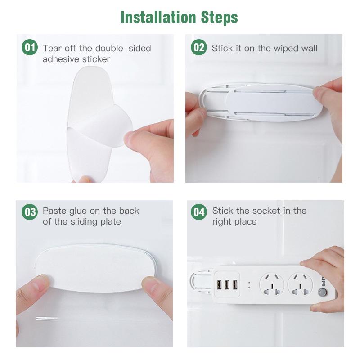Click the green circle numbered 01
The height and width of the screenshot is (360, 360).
tap(30, 47)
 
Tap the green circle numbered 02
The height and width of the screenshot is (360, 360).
tap(198, 47)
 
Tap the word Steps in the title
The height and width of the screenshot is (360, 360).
tap(218, 17)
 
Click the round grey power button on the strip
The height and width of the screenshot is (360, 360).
tap(321, 293)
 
